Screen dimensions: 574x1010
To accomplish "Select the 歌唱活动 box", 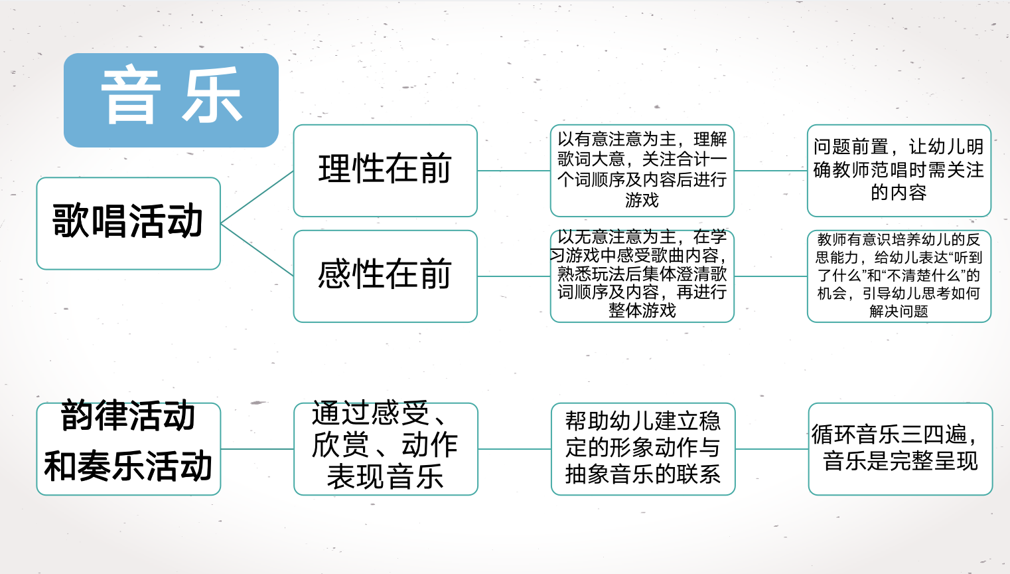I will pyautogui.click(x=128, y=223).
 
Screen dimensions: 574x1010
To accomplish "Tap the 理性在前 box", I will pyautogui.click(x=385, y=170).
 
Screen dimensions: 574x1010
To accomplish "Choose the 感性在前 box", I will pyautogui.click(x=385, y=276).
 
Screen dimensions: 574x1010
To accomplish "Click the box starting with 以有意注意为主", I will pyautogui.click(x=642, y=170).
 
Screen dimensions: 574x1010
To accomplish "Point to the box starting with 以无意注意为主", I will pyautogui.click(x=642, y=276).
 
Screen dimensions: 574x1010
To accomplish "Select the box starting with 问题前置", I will pyautogui.click(x=899, y=170).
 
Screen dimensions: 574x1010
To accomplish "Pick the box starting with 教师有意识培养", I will pyautogui.click(x=899, y=276).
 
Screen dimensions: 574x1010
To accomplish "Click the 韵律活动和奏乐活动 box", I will pyautogui.click(x=128, y=448).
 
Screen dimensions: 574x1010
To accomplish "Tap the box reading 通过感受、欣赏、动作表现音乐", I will pyautogui.click(x=385, y=448).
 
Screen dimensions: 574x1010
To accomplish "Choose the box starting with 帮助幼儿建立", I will pyautogui.click(x=642, y=448).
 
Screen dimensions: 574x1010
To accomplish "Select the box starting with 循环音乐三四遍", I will pyautogui.click(x=900, y=448).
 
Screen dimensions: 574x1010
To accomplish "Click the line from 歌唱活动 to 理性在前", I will pyautogui.click(x=257, y=197).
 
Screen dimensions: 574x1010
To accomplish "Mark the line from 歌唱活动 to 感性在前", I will pyautogui.click(x=257, y=249).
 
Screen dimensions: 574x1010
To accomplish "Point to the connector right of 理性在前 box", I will pyautogui.click(x=514, y=171).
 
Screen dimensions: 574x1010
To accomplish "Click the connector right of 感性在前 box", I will pyautogui.click(x=514, y=276).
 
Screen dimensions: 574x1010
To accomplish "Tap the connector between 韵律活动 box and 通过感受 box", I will pyautogui.click(x=257, y=449).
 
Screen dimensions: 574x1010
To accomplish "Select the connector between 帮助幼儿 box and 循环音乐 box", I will pyautogui.click(x=772, y=449).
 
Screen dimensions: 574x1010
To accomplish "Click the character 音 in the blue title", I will pyautogui.click(x=131, y=96).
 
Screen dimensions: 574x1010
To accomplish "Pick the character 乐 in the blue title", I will pyautogui.click(x=212, y=96).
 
